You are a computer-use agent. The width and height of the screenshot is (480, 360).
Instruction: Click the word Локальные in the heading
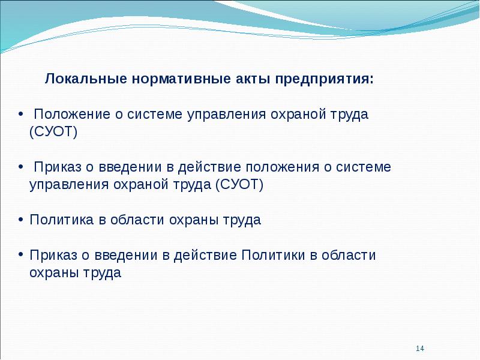coord(86,79)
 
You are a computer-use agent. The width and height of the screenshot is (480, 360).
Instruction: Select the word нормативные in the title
coord(181,79)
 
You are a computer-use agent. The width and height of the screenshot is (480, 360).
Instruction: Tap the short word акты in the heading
coord(253,79)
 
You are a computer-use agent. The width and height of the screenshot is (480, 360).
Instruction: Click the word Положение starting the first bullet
coord(72,115)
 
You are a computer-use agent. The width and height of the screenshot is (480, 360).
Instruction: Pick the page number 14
coord(420,349)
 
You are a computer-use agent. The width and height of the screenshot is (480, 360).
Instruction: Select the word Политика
coord(62,220)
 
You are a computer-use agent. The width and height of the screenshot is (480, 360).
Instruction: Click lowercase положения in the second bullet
coord(282,167)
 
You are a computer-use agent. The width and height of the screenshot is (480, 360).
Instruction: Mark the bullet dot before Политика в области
coord(20,220)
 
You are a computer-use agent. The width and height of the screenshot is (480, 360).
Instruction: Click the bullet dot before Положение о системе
coord(20,114)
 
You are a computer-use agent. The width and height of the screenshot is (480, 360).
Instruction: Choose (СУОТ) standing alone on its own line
coord(53,132)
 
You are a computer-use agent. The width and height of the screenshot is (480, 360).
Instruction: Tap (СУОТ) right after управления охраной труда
coord(239,185)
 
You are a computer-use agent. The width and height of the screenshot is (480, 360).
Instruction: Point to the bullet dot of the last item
coord(20,255)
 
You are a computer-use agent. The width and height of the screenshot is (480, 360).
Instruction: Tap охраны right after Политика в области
coord(193,220)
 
